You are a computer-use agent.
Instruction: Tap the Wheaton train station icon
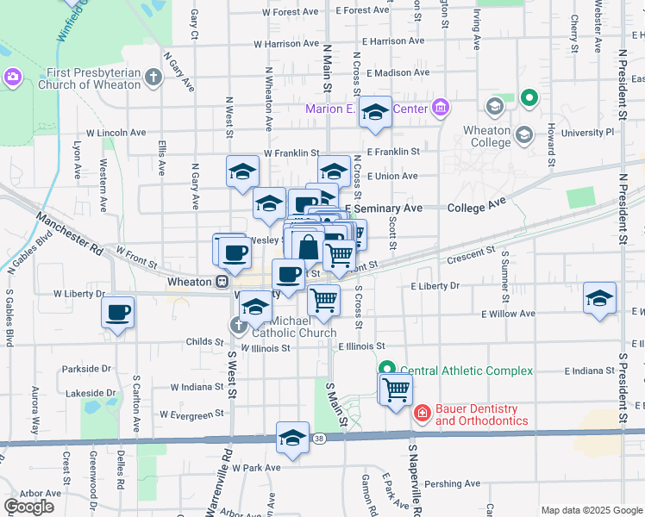click(222, 282)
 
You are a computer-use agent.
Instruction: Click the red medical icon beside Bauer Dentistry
click(422, 414)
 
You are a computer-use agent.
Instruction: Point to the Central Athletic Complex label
click(467, 371)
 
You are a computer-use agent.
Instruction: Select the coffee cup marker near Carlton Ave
click(118, 313)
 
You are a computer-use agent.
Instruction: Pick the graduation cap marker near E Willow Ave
click(599, 298)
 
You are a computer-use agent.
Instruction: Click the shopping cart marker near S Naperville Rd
click(396, 389)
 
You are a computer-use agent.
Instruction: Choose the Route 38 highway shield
click(319, 439)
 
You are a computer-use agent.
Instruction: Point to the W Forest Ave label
click(289, 12)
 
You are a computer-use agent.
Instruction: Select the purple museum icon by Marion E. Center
click(441, 108)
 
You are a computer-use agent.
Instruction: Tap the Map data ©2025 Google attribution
click(592, 510)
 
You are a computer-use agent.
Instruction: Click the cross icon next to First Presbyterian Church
click(153, 78)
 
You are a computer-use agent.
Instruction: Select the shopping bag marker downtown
click(308, 246)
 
